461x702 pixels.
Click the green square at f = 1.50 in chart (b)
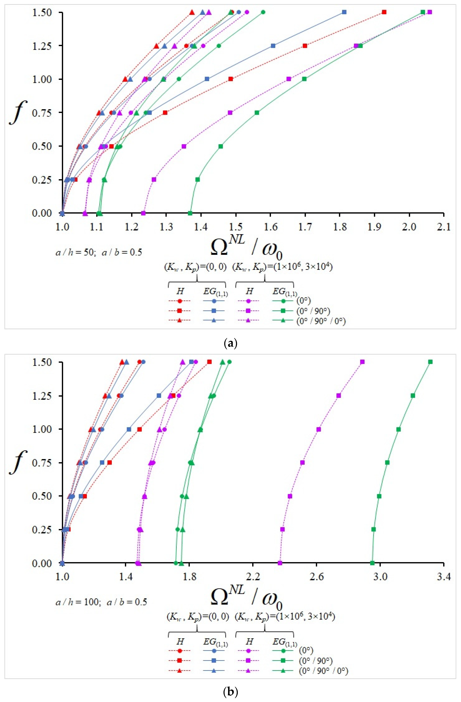click(x=430, y=362)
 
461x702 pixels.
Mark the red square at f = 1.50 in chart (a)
click(x=384, y=12)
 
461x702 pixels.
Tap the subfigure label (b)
click(x=230, y=692)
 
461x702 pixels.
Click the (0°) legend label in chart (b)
click(x=306, y=650)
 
